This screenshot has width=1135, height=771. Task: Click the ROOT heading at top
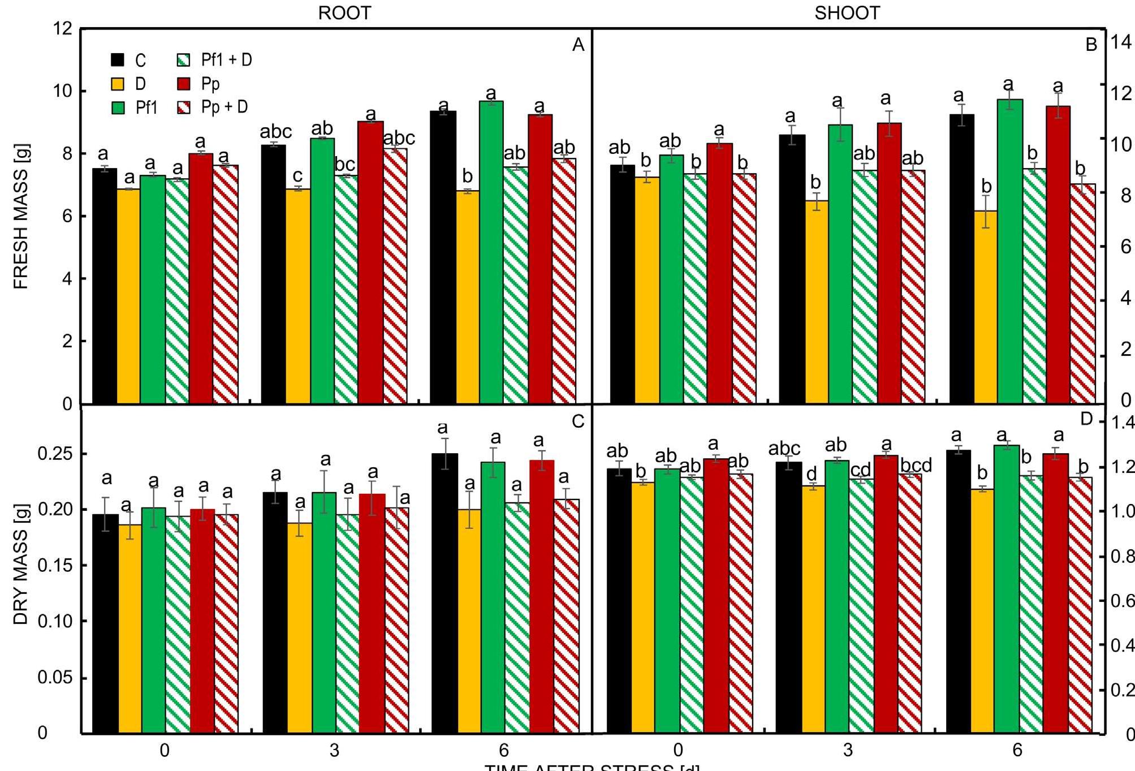coord(344,13)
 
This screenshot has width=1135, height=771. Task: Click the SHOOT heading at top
coord(847,13)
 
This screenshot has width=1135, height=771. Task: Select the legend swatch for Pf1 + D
coord(184,60)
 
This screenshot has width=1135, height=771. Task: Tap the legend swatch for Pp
coord(184,84)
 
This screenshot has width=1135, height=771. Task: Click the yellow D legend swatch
coord(118,84)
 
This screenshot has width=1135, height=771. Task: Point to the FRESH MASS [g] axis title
coord(20,216)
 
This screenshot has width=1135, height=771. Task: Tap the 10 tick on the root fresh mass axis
coord(62,91)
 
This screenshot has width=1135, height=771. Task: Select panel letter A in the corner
coord(577,45)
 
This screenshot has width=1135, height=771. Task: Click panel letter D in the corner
coord(1086,419)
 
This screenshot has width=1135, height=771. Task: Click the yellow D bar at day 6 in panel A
coord(467,297)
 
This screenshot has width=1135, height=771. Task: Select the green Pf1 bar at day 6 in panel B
coord(1009,252)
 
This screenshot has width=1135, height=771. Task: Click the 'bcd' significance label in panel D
coord(916,465)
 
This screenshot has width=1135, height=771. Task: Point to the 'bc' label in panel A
coord(344,164)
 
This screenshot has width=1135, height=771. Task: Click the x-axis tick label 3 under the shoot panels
coord(847,750)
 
